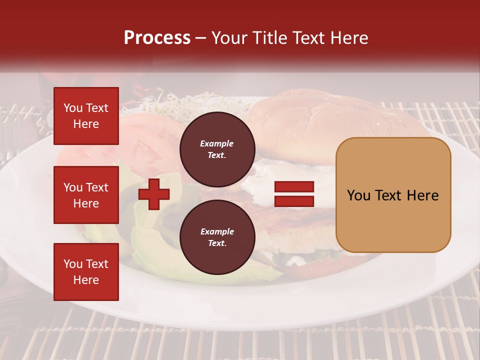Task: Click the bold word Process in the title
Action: tap(157, 38)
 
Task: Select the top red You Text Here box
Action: tap(86, 116)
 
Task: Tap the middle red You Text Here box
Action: tap(86, 195)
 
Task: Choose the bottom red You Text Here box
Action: tap(86, 272)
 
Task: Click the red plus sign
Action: tap(154, 193)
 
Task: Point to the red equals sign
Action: tap(294, 194)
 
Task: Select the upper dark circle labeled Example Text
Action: tap(217, 149)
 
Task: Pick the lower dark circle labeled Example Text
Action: tap(217, 237)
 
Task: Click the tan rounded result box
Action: tap(393, 195)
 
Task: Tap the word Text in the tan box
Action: tap(392, 195)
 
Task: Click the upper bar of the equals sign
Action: tap(294, 187)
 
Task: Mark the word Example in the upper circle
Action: tap(217, 143)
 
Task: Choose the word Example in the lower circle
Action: tap(217, 231)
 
